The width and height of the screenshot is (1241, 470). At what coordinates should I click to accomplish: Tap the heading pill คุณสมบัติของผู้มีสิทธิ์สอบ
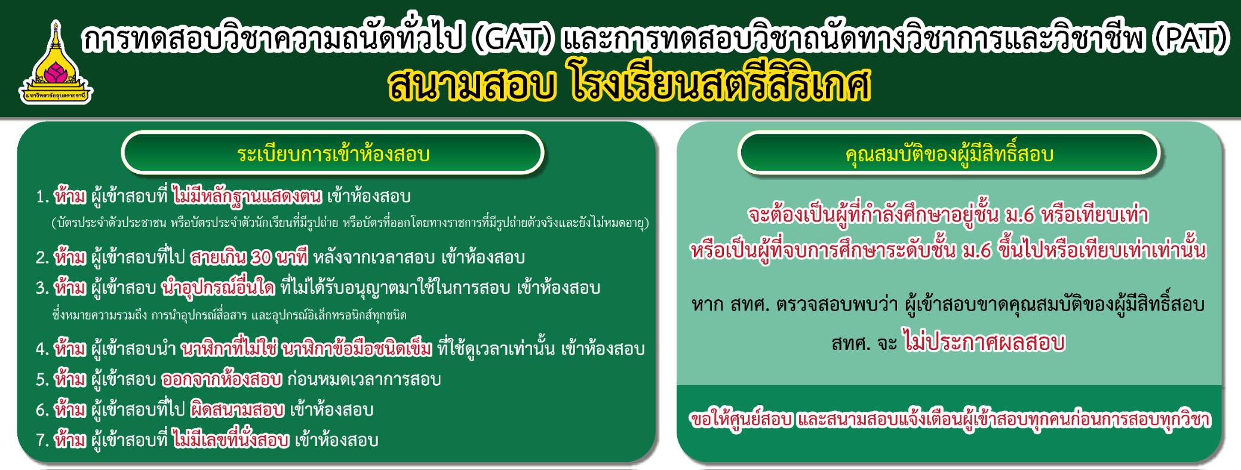[x=949, y=154]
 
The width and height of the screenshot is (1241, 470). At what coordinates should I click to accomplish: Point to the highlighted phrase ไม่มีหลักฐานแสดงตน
[x=247, y=196]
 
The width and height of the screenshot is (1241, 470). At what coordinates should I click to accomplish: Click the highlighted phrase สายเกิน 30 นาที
[x=249, y=257]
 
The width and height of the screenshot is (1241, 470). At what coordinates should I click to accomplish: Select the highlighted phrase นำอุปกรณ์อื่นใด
[x=219, y=288]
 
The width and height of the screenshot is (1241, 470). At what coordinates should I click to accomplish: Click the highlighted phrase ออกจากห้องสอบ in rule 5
[x=222, y=379]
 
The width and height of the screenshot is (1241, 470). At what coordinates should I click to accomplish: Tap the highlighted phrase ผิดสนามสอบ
[x=236, y=410]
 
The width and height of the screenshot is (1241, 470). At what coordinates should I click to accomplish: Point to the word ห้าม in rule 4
[x=70, y=349]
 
